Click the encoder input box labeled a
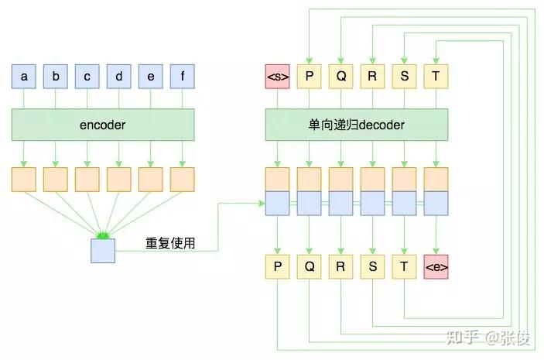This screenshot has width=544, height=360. click(24, 77)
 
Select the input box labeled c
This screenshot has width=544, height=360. click(87, 77)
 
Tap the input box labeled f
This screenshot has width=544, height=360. click(182, 77)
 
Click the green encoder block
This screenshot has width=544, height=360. click(103, 125)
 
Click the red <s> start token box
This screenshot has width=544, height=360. click(277, 77)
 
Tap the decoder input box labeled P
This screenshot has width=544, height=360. click(309, 77)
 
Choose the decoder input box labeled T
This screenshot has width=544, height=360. click(436, 77)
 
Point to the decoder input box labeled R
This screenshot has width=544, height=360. click(373, 77)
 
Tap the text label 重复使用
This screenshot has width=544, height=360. click(170, 243)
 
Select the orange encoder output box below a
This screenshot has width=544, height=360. click(24, 179)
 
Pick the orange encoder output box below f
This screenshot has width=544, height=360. click(182, 179)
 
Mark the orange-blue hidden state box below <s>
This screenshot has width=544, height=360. click(277, 191)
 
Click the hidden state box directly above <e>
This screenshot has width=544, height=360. click(436, 191)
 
